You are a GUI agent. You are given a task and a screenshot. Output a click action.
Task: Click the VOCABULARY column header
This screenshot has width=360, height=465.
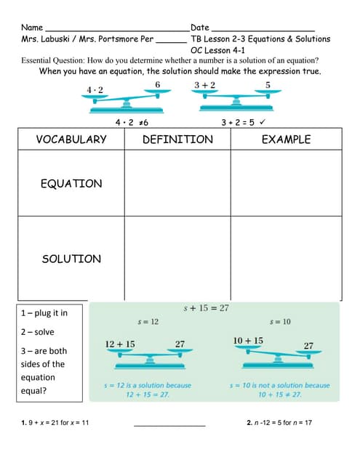pos(71,139)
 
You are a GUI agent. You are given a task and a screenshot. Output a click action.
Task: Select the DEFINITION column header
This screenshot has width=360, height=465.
pos(177,139)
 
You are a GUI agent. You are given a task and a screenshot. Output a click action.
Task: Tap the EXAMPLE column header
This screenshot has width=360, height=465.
pos(286,139)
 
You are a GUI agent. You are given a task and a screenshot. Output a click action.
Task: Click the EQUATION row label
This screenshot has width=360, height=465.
pos(71,184)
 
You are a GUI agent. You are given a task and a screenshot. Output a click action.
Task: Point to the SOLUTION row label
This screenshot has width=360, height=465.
pos(71,259)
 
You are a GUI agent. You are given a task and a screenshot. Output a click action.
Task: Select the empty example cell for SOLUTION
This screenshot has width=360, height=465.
pos(286,259)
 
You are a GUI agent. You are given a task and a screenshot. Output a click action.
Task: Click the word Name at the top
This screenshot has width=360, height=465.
pos(33,28)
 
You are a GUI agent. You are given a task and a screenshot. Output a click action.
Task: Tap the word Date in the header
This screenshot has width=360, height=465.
pos(200,28)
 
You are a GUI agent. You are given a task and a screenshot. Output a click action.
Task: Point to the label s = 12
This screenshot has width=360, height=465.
pos(148,321)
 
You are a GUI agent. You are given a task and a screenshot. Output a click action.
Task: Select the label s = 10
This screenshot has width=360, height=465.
pos(280,321)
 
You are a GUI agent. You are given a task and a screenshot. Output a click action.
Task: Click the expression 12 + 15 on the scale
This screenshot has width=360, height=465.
pos(120,344)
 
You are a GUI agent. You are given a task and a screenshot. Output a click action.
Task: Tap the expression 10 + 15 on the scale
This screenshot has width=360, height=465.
pos(248,341)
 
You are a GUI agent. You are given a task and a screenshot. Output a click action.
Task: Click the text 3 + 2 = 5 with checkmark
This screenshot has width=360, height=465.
pos(242,122)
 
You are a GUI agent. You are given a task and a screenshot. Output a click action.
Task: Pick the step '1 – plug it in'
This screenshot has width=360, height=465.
pos(44,313)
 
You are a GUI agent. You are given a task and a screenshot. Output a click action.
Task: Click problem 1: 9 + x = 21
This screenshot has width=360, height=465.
pos(55,423)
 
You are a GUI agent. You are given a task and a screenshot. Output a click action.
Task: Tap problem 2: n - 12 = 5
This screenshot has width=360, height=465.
pos(279,423)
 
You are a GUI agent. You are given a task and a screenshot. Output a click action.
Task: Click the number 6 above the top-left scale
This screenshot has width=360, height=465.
pos(158,85)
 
